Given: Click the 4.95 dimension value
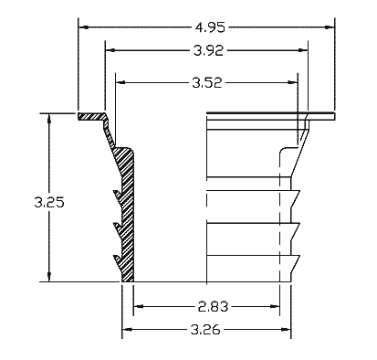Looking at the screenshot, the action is coord(210,27).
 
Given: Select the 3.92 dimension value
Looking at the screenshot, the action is coord(208,50).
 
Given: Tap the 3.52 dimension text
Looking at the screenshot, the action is coord(207,82).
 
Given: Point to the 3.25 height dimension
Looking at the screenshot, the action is coord(49,202).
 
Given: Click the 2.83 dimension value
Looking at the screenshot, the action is coord(213,306).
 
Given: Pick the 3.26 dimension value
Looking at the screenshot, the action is coord(205,330).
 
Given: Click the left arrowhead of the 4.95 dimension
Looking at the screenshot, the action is coord(84,27).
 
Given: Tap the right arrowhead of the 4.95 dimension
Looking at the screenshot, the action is coord(330,27).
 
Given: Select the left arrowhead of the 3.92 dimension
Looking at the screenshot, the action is coord(110,50).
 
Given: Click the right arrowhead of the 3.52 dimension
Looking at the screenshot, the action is coord(292,82).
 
